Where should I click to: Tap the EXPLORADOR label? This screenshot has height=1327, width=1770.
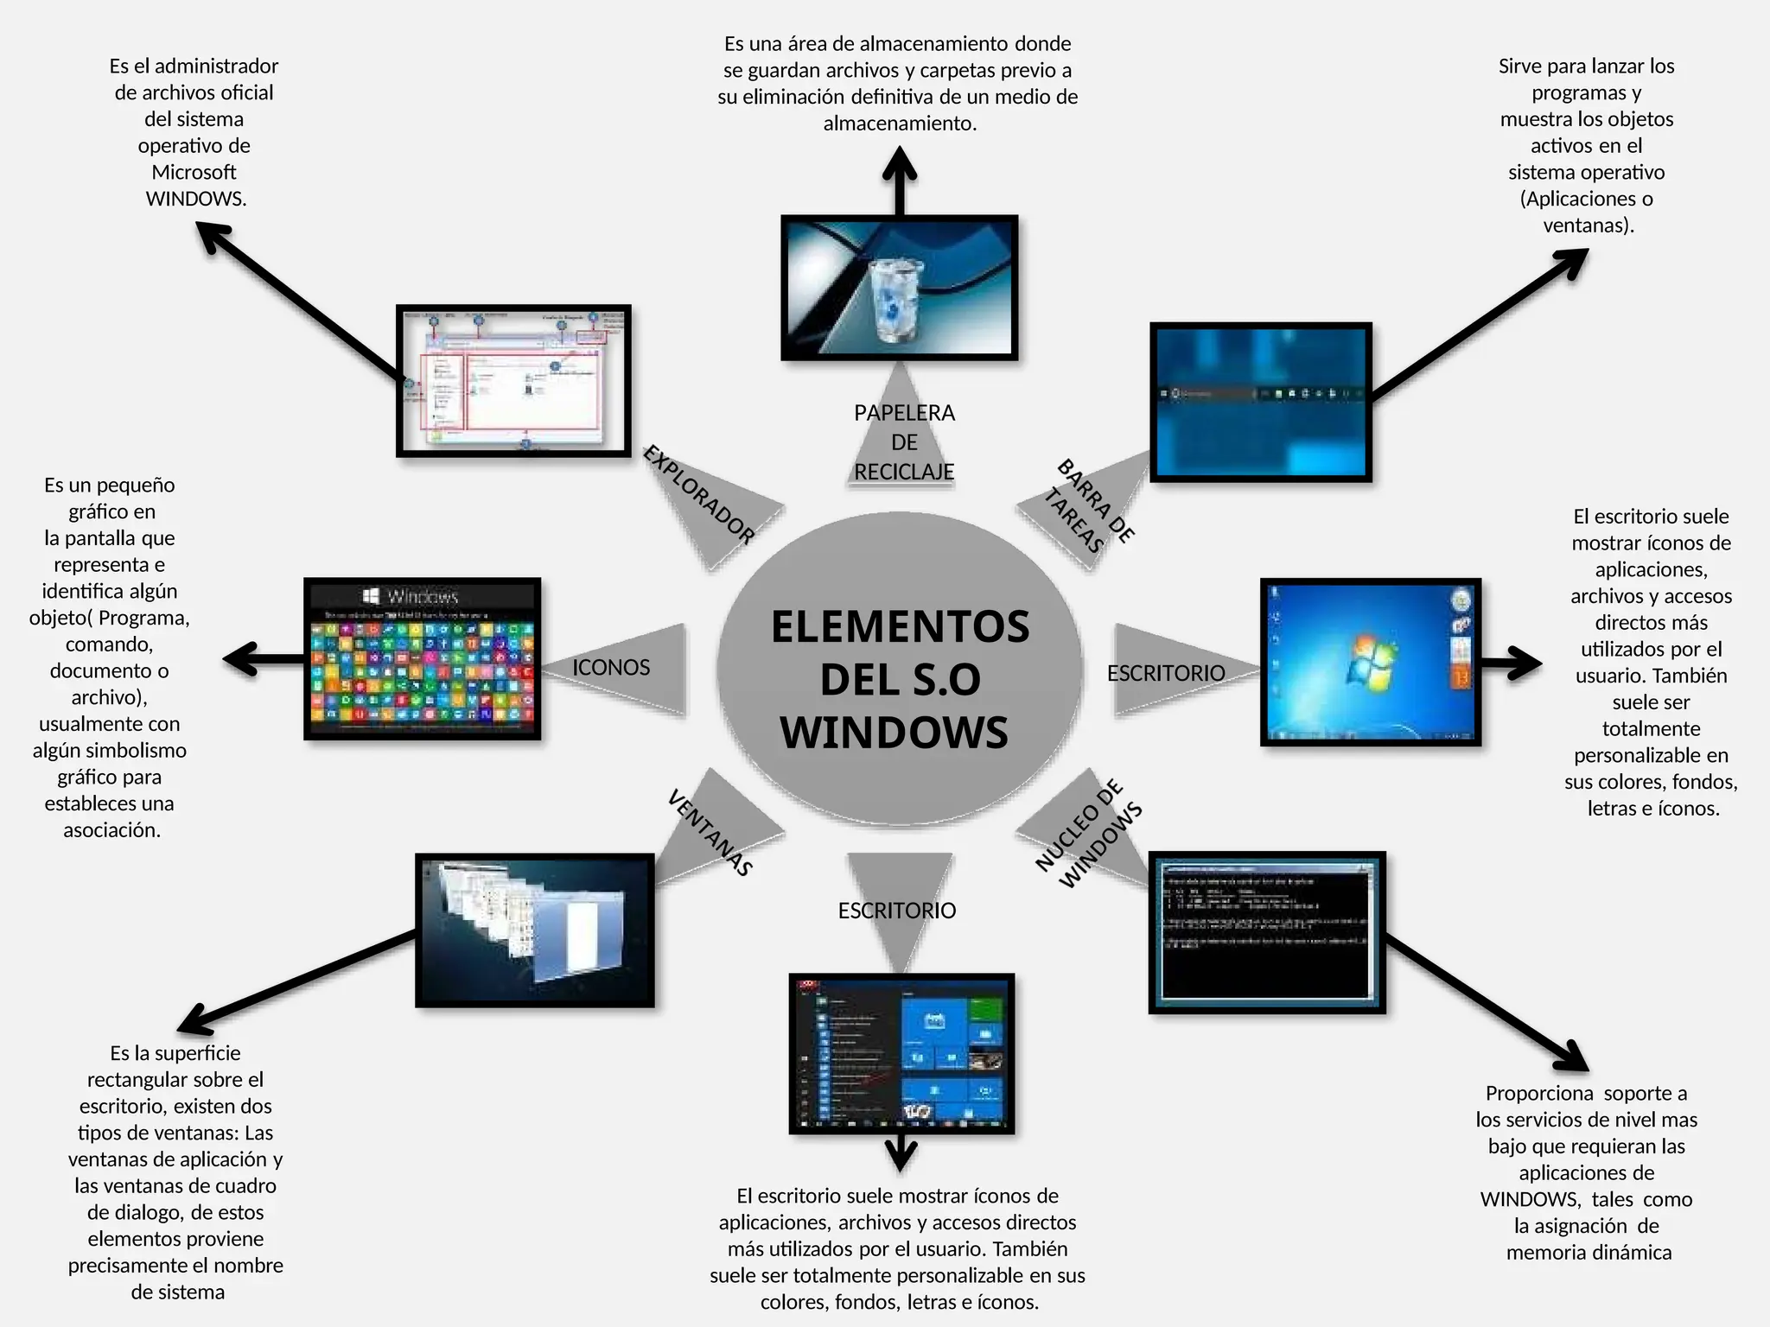click(699, 494)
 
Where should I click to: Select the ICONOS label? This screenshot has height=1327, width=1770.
click(611, 668)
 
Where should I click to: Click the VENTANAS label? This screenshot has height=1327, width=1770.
click(710, 833)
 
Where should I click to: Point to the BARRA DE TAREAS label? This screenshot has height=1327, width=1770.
click(1088, 506)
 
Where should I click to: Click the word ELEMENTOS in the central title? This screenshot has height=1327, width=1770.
click(900, 627)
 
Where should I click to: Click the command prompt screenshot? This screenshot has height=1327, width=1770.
click(1267, 932)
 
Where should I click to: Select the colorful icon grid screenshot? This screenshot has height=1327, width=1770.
click(423, 659)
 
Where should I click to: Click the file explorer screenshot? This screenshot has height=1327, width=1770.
click(513, 381)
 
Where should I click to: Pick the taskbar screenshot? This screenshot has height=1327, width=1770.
click(1261, 402)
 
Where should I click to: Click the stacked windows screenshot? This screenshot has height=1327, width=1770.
click(535, 930)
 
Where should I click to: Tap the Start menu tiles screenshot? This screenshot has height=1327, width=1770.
click(901, 1054)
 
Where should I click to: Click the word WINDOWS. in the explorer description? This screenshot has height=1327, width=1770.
click(196, 199)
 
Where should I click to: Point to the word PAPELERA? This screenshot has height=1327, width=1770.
click(904, 413)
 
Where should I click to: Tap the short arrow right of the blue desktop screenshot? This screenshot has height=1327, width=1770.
click(1512, 663)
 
